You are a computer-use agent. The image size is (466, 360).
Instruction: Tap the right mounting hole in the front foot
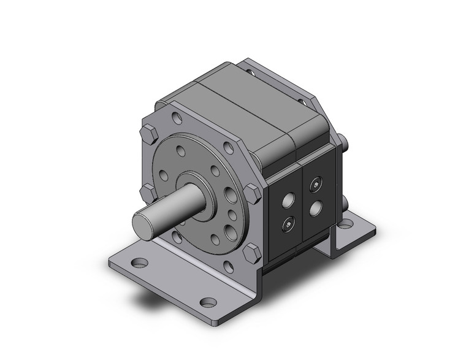click(210, 302)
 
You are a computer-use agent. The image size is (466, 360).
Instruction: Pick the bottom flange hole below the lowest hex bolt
click(229, 265)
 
